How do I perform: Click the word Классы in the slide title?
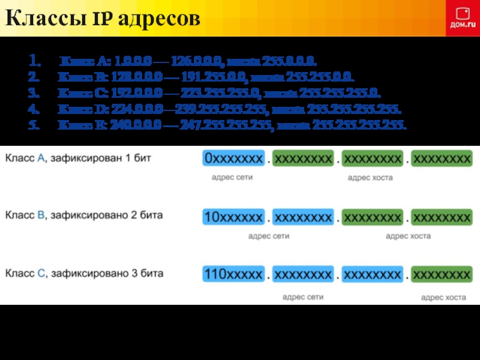tap(46, 19)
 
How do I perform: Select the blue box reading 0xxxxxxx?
tap(233, 158)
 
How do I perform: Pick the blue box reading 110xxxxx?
tap(233, 275)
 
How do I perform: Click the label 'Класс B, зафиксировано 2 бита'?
tap(84, 215)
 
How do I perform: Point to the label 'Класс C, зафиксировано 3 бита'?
tap(84, 273)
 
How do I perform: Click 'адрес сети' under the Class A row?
tap(232, 178)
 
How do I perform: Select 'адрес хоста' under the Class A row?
tap(370, 178)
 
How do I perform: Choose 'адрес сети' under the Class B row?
tap(269, 236)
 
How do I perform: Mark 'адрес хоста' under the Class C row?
tap(443, 297)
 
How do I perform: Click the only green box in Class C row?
tap(442, 275)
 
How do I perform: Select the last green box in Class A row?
tap(442, 158)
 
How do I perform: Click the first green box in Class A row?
tap(303, 158)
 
